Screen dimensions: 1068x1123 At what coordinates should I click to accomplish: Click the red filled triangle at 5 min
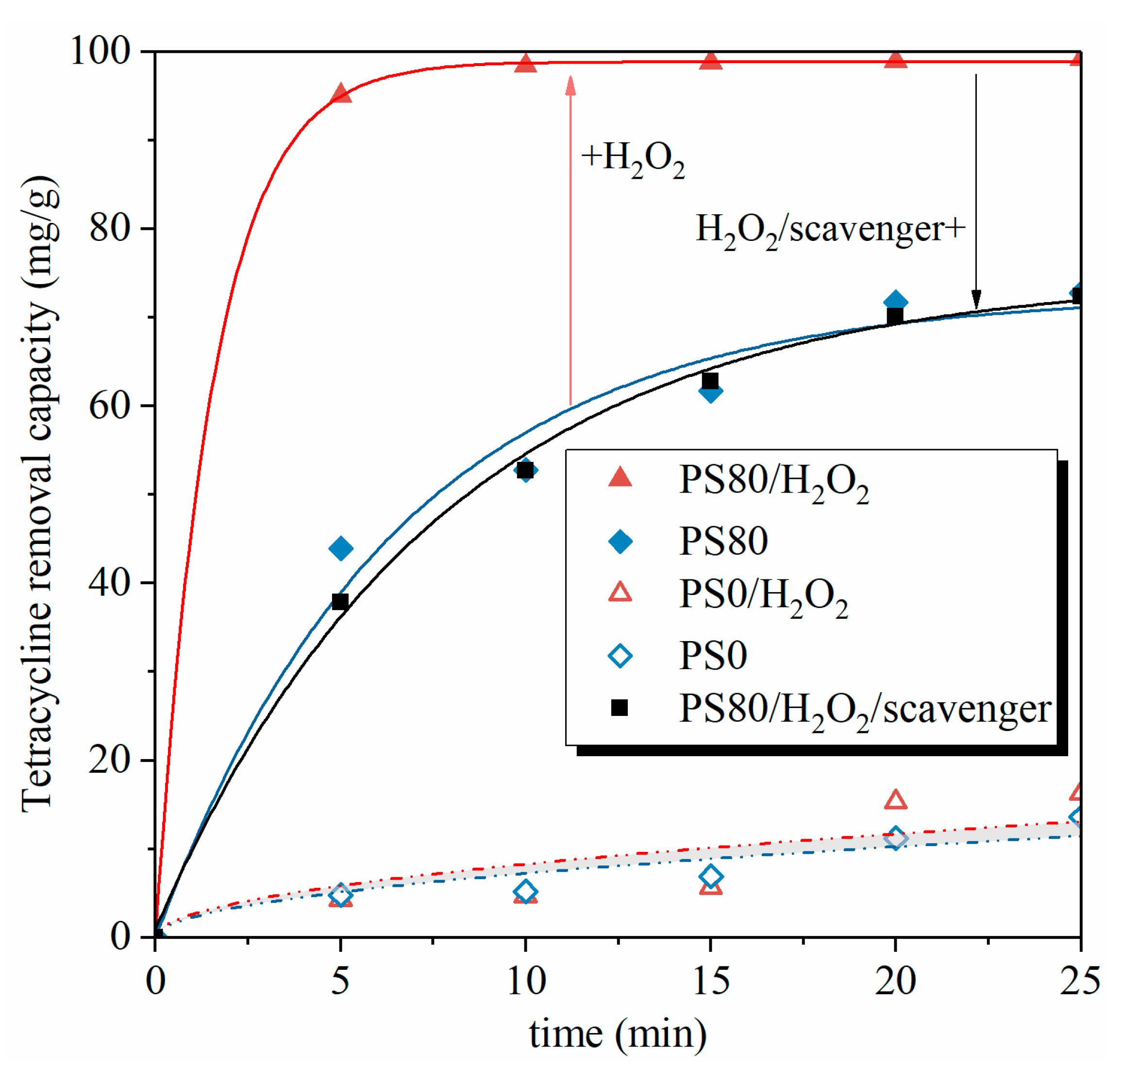tap(340, 93)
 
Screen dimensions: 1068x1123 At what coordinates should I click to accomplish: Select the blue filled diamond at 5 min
tap(340, 549)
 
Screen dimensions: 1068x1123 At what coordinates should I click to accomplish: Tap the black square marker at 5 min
tap(340, 602)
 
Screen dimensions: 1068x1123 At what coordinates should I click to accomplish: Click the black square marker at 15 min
tap(710, 381)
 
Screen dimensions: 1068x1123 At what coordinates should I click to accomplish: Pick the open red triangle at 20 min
tap(895, 800)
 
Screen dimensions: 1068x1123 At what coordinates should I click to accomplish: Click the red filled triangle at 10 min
tap(525, 64)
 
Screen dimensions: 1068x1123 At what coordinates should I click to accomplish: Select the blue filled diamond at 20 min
tap(895, 302)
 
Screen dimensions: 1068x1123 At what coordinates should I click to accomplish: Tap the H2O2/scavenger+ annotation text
tap(830, 231)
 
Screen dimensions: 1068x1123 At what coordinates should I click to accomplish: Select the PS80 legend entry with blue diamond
tap(723, 541)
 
